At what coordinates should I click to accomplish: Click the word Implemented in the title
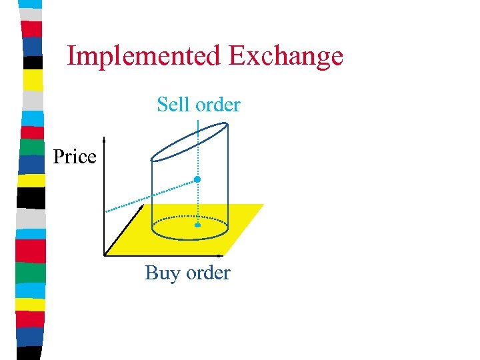(x=145, y=56)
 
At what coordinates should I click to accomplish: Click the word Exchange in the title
(x=285, y=56)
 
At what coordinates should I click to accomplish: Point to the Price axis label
(x=75, y=157)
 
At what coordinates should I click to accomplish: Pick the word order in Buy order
(x=208, y=273)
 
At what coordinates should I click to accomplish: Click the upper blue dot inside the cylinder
(x=197, y=180)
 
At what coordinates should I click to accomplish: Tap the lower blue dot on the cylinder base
(x=197, y=226)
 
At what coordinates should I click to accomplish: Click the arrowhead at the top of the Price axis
(x=105, y=141)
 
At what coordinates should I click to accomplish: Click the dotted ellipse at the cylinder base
(x=191, y=218)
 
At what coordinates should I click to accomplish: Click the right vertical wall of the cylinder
(x=229, y=180)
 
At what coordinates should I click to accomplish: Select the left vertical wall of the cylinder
(x=152, y=193)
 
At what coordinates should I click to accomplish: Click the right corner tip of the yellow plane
(x=263, y=205)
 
